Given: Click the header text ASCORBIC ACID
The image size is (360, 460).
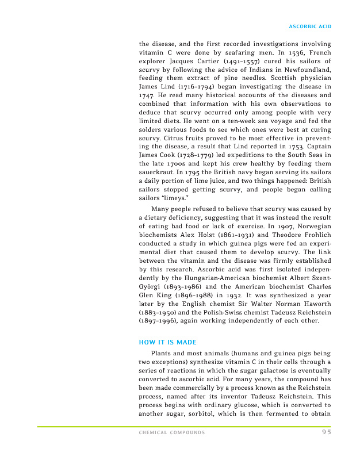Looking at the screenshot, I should point(309,26).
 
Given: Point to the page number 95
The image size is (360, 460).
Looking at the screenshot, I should point(326,432).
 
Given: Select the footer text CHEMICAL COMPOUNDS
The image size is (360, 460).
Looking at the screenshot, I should point(172,432).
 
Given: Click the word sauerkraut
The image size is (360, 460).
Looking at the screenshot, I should point(157,173).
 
